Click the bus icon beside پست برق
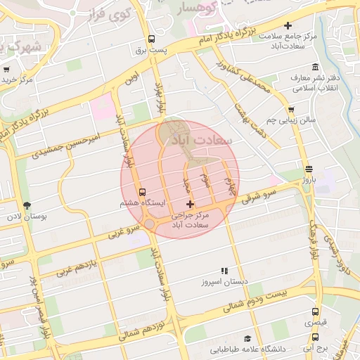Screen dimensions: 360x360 point(151,39)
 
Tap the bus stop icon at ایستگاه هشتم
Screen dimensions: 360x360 point(143,192)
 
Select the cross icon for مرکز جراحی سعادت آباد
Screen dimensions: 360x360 point(190,204)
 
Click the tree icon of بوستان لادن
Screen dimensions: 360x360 point(27,205)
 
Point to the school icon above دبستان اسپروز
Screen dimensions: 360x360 point(224,271)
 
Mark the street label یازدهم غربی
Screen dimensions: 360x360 point(76,264)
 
